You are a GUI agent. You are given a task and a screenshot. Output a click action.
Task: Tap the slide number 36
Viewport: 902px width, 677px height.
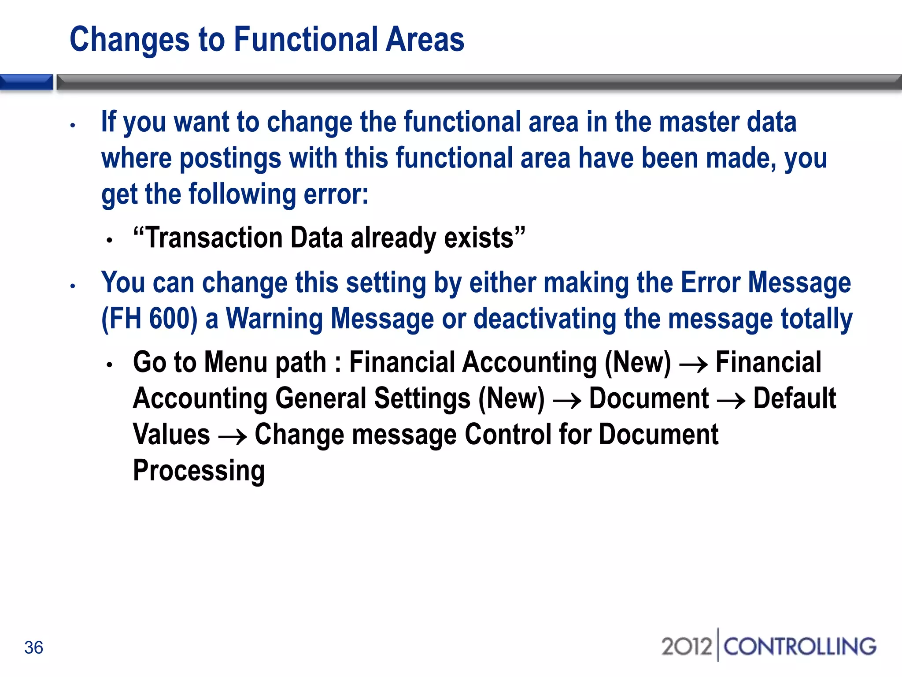coord(33,647)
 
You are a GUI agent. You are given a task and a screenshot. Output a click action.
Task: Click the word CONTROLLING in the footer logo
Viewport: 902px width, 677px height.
coord(799,647)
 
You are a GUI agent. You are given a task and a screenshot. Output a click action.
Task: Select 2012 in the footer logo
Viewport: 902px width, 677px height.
coord(686,647)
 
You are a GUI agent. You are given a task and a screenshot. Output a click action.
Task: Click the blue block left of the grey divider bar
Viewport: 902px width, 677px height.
coord(26,82)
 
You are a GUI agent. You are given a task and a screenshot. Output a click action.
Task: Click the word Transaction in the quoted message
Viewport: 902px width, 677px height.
coord(214,238)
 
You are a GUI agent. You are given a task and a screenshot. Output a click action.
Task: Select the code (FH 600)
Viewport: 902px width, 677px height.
coord(149,319)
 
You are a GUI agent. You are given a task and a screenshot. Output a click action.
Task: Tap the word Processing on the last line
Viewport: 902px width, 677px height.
coord(199,471)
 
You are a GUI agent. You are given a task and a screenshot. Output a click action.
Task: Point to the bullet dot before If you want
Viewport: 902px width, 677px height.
coord(73,126)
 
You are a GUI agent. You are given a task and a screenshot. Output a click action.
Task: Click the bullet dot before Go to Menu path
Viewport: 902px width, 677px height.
coord(110,365)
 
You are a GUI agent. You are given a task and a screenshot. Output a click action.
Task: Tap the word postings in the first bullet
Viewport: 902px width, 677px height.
coord(230,158)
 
